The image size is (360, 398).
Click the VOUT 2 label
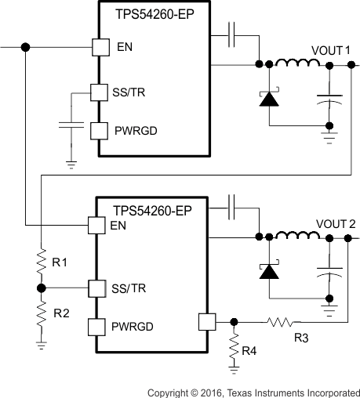coord(330,222)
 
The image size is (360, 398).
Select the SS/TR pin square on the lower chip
coord(97,288)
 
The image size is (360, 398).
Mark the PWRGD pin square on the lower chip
coord(97,326)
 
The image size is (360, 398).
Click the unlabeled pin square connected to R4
coord(206,320)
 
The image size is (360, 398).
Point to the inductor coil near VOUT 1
coord(289,63)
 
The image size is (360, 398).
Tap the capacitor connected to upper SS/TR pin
coord(71,125)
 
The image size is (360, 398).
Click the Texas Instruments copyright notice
coord(254,390)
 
